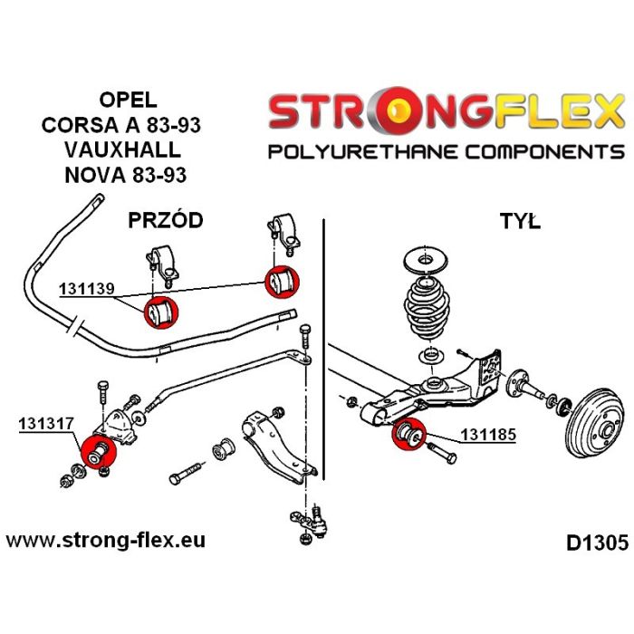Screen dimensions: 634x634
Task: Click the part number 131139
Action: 87,290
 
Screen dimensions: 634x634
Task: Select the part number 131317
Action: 44,422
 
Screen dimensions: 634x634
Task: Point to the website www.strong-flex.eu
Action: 106,541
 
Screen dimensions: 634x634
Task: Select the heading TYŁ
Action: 519,220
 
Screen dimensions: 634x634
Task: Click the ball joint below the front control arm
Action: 306,523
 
